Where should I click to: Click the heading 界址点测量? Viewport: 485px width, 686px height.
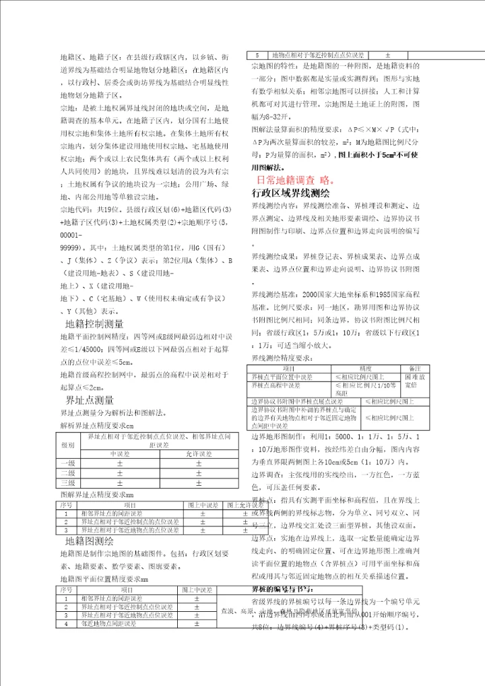pos(85,399)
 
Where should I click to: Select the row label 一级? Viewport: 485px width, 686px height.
pos(68,463)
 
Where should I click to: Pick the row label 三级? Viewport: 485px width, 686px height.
pos(68,482)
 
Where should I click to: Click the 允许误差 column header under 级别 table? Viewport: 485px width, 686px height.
pos(198,454)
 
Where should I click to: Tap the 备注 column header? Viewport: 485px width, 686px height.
pos(415,369)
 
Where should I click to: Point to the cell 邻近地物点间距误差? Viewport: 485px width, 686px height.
pos(111,624)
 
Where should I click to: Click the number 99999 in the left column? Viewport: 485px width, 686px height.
pos(71,248)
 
